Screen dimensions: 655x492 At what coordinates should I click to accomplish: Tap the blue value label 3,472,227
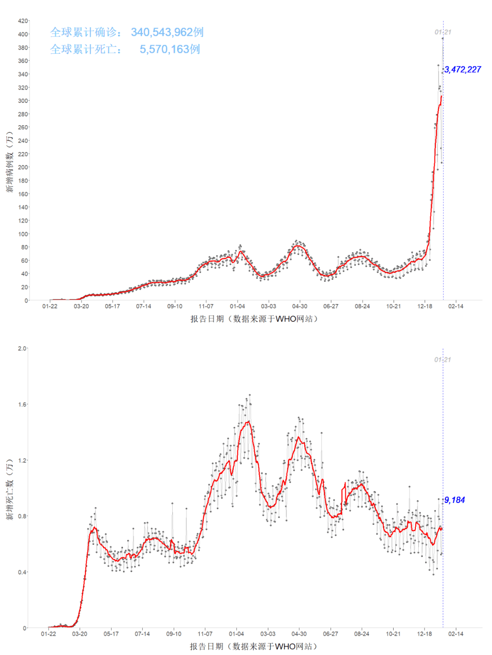tap(462, 70)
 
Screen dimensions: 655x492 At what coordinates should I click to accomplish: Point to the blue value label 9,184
tap(455, 500)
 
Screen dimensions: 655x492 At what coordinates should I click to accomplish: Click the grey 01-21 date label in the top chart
tap(443, 32)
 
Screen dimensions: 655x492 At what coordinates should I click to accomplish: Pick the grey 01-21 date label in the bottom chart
tap(442, 360)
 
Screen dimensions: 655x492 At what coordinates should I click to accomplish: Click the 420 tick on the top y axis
tap(23, 21)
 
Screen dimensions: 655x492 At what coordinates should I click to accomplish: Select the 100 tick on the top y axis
tap(23, 234)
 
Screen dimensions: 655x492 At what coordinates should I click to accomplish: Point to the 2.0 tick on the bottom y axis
tap(22, 348)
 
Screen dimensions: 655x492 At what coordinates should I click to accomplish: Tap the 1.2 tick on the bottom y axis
tap(22, 460)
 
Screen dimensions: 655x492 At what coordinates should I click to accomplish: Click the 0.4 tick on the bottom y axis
tap(22, 572)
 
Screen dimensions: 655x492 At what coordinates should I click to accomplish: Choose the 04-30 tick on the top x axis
tap(300, 306)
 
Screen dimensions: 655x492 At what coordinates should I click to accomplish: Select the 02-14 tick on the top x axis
tap(456, 306)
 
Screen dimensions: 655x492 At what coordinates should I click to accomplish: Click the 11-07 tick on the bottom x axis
tap(205, 634)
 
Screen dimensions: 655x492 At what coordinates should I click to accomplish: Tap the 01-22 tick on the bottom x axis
tap(49, 634)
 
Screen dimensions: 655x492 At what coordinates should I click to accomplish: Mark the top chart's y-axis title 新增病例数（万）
tap(10, 162)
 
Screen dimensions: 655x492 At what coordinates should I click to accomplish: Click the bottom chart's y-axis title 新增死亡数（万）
tap(10, 489)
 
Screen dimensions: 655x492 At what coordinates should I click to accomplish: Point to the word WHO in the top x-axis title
tap(286, 319)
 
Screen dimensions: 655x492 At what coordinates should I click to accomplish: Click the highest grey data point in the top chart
tap(442, 38)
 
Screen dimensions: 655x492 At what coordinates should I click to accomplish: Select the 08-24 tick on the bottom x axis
tap(362, 634)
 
